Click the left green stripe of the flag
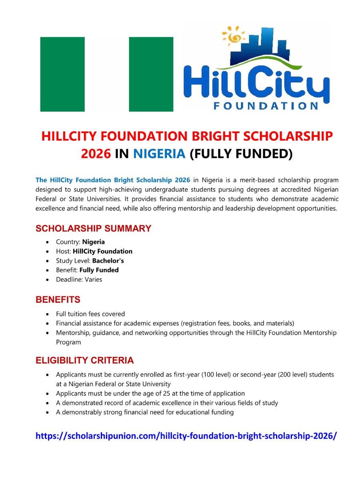click(x=62, y=74)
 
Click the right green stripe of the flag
click(x=151, y=74)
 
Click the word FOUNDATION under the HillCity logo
click(x=266, y=106)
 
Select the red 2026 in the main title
click(x=96, y=154)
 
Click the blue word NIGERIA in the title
click(x=159, y=154)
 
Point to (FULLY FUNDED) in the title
click(x=241, y=154)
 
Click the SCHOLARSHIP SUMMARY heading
click(x=93, y=229)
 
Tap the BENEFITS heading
click(x=58, y=300)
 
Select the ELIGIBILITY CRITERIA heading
click(x=84, y=360)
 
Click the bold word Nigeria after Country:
click(x=94, y=242)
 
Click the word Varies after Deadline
click(x=93, y=280)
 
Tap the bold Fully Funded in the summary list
click(x=99, y=270)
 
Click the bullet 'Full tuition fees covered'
click(x=90, y=314)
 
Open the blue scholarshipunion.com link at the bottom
click(x=186, y=436)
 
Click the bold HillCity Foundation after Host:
click(x=102, y=252)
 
